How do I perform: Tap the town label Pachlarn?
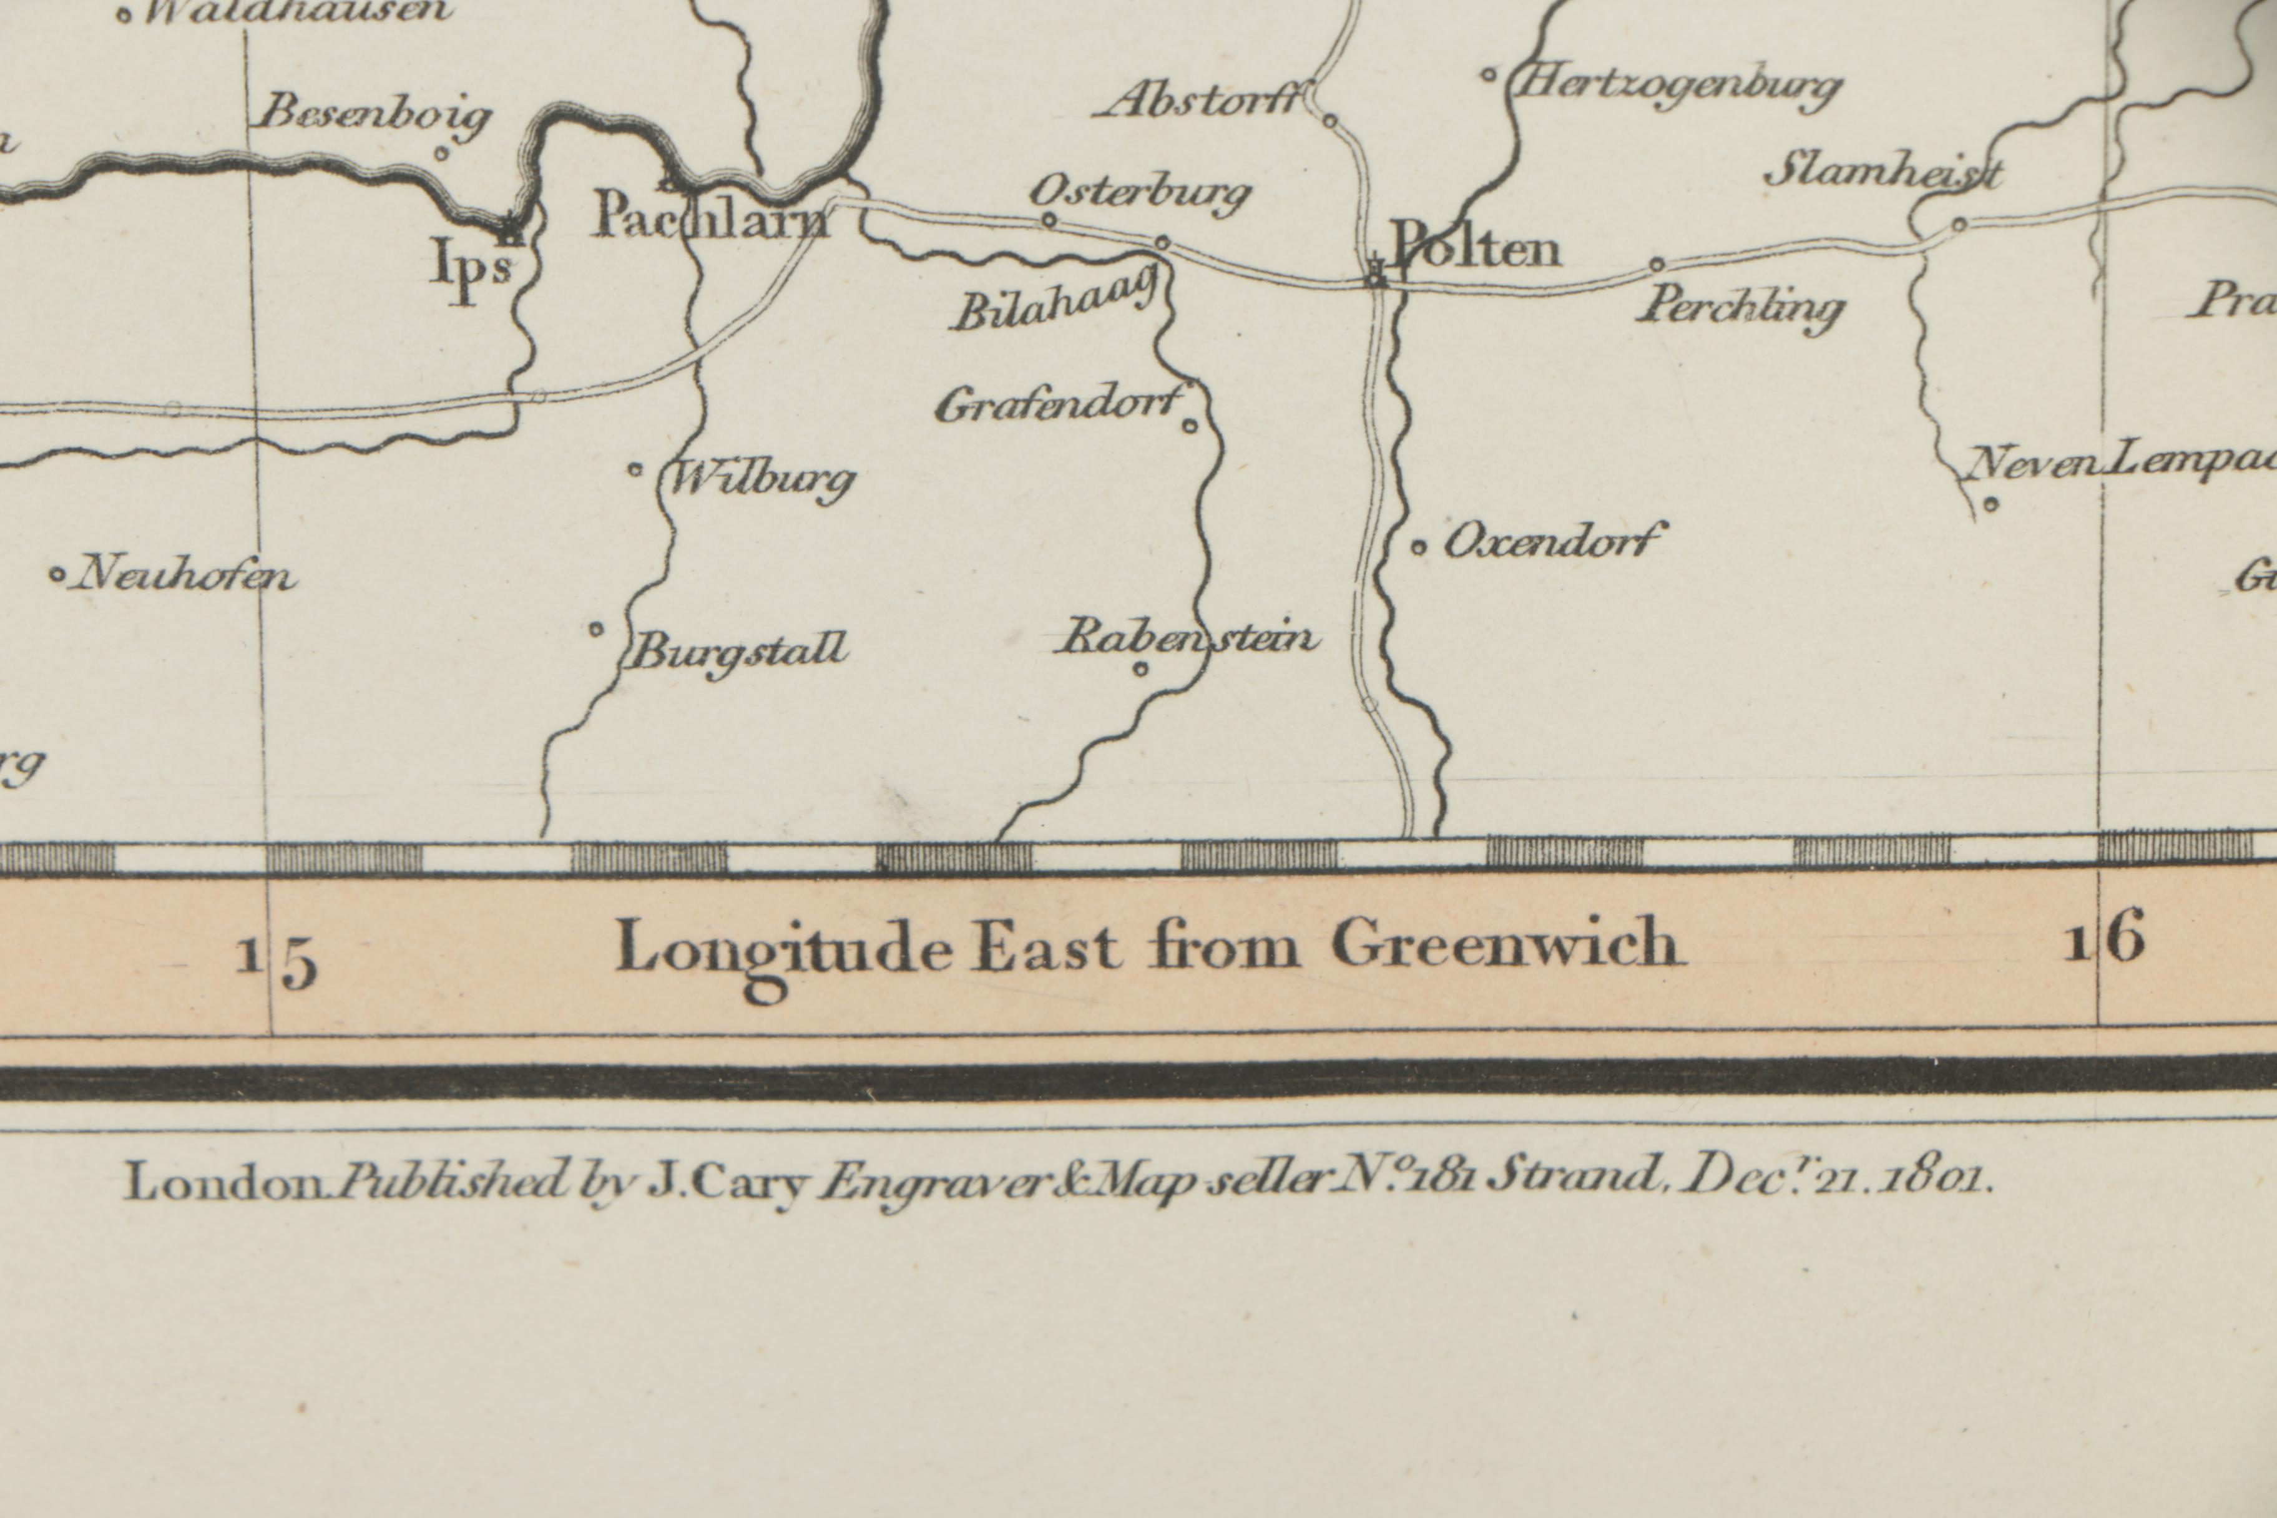[710, 216]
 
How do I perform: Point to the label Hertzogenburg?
[1675, 88]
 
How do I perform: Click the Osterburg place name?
[1140, 193]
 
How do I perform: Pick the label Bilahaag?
[1055, 303]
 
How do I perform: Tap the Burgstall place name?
[738, 650]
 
